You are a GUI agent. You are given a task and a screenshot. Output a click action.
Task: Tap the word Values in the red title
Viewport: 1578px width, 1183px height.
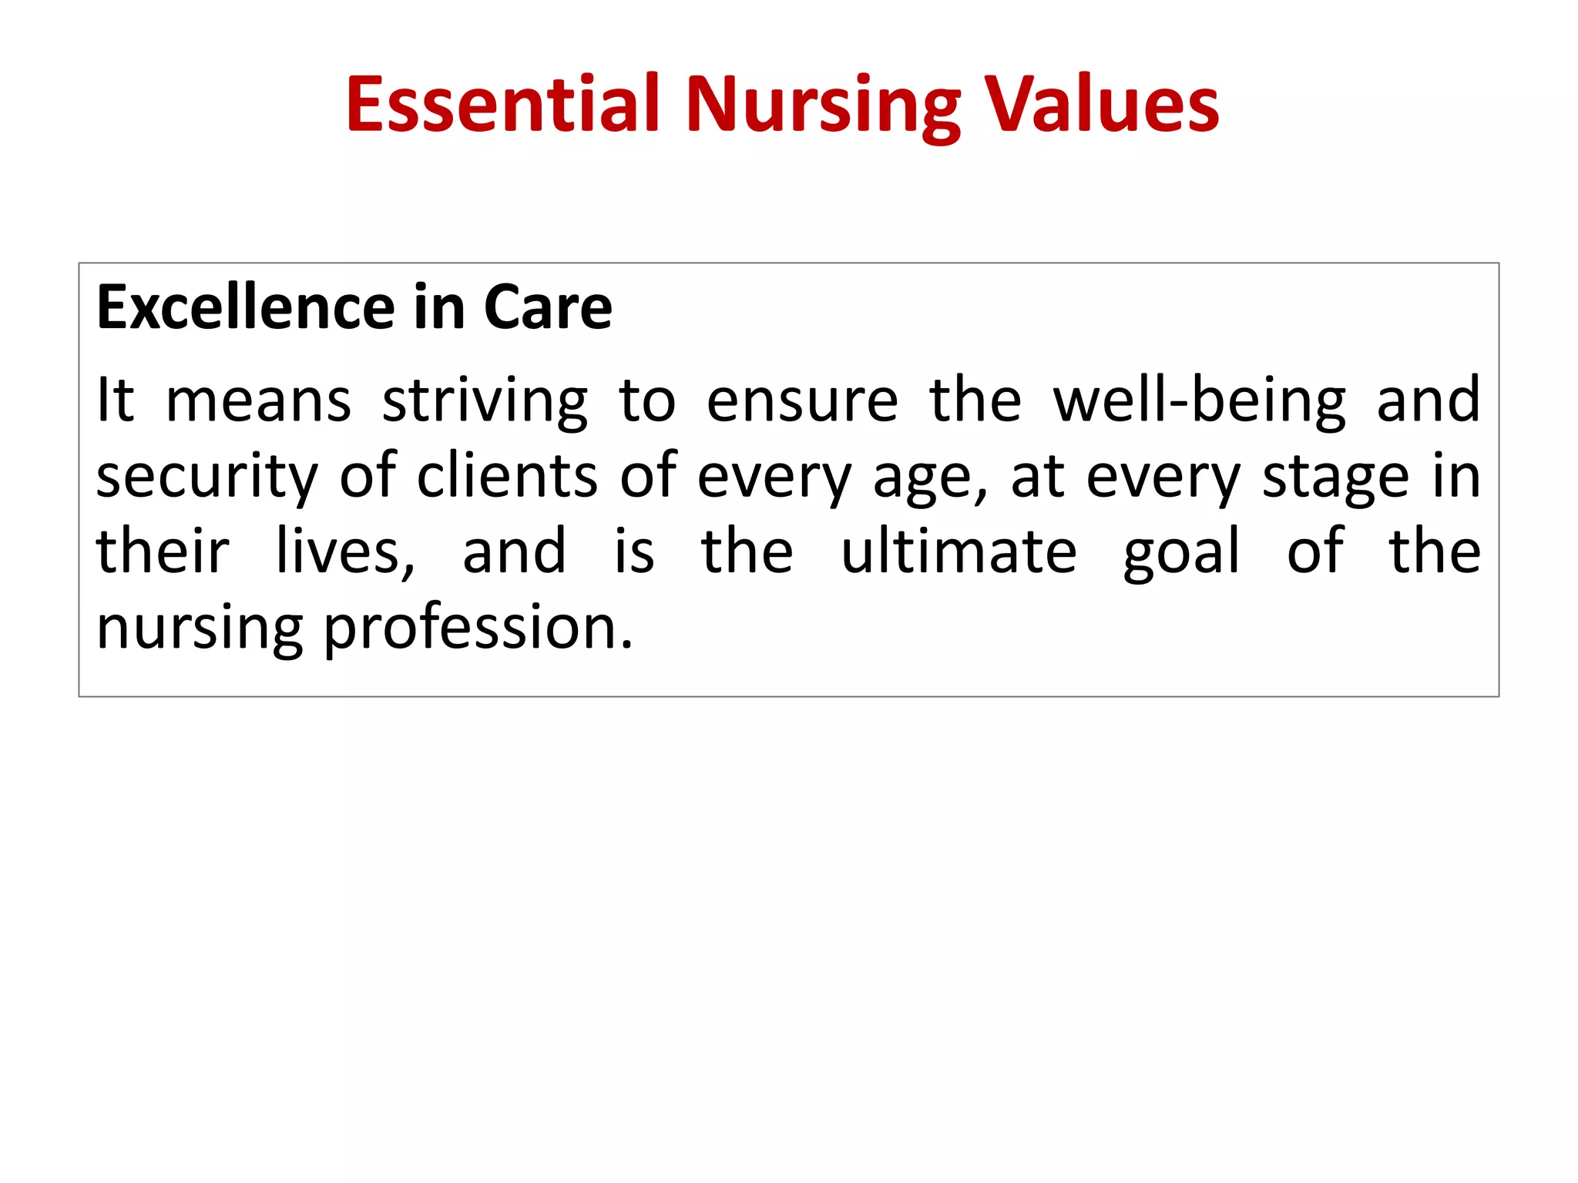(x=1103, y=105)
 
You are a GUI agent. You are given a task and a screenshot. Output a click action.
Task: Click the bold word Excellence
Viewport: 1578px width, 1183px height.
(x=246, y=307)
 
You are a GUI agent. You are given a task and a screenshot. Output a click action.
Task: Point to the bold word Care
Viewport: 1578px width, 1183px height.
(x=548, y=307)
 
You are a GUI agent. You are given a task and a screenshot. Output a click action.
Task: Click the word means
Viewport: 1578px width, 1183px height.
(x=259, y=401)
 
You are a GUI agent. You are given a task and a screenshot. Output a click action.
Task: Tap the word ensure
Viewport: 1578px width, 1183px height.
(x=802, y=401)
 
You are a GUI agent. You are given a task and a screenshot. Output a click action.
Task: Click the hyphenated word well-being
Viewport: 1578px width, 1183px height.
(x=1199, y=401)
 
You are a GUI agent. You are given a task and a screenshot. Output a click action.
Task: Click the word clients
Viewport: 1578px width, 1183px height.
(x=507, y=475)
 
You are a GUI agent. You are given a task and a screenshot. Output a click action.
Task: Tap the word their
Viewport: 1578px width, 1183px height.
(x=163, y=551)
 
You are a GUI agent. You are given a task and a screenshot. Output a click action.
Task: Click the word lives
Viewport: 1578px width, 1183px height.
(x=345, y=552)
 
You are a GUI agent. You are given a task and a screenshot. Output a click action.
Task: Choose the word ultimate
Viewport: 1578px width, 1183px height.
(x=959, y=551)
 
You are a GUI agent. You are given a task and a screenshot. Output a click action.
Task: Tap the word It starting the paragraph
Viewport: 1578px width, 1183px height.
(x=116, y=400)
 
